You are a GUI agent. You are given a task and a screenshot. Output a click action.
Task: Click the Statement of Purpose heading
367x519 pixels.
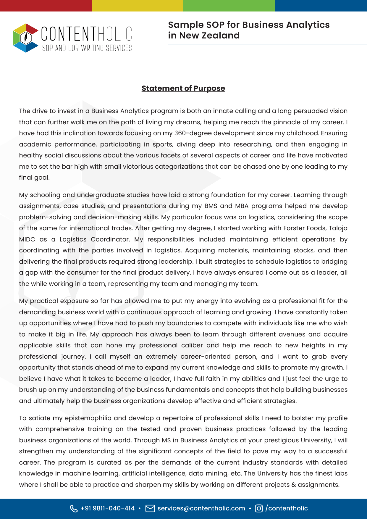pyautogui.click(x=183, y=88)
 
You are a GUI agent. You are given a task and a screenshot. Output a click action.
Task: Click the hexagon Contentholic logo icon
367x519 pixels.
pyautogui.click(x=25, y=38)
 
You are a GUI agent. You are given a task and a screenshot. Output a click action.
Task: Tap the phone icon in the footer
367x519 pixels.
pyautogui.click(x=74, y=508)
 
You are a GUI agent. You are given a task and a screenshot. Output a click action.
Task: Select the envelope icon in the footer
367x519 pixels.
pyautogui.click(x=150, y=508)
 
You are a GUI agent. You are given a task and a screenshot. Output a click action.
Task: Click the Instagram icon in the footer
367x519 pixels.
pyautogui.click(x=259, y=508)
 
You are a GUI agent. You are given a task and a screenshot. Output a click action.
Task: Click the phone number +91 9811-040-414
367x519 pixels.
pyautogui.click(x=108, y=508)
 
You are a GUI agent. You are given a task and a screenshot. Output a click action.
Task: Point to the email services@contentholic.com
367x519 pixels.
pyautogui.click(x=201, y=508)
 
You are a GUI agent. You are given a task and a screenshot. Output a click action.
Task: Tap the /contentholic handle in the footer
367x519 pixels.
pyautogui.click(x=287, y=508)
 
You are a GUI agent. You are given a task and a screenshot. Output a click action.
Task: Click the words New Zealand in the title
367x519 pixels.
pyautogui.click(x=209, y=36)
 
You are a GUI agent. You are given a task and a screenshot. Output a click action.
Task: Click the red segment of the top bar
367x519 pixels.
pyautogui.click(x=46, y=6)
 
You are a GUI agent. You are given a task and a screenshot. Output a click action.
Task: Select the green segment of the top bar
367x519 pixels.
pyautogui.click(x=229, y=6)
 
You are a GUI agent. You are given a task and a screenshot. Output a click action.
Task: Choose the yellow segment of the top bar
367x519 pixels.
pyautogui.click(x=138, y=6)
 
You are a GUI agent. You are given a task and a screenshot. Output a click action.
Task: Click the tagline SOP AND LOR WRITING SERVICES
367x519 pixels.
pyautogui.click(x=87, y=48)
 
